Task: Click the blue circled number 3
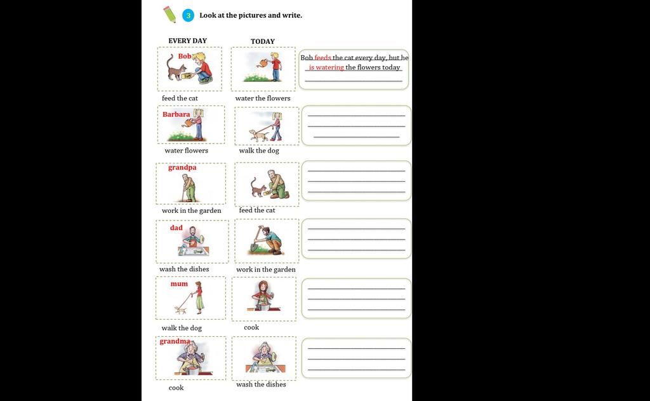[x=188, y=16]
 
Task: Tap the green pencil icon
[x=169, y=14]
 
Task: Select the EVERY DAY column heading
[x=187, y=41]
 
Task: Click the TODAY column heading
[x=262, y=41]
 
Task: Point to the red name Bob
[x=185, y=56]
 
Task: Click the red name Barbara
[x=176, y=114]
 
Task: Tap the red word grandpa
[x=182, y=168]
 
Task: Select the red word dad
[x=176, y=228]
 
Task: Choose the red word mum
[x=179, y=284]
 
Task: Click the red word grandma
[x=175, y=341]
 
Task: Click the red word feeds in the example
[x=322, y=58]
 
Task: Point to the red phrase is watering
[x=326, y=67]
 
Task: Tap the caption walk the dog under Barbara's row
[x=259, y=150]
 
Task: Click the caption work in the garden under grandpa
[x=192, y=210]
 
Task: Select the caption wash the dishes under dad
[x=184, y=269]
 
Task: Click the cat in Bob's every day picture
[x=176, y=69]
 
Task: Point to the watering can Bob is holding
[x=262, y=63]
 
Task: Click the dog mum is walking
[x=180, y=309]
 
